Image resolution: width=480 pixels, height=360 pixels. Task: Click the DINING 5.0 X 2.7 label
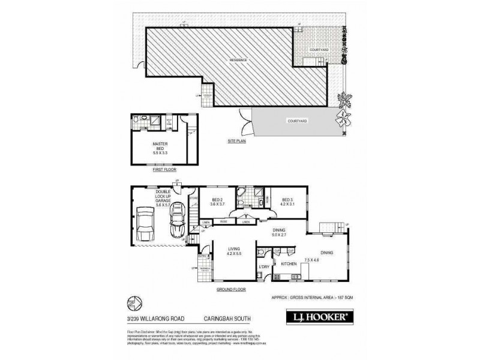point(279,232)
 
